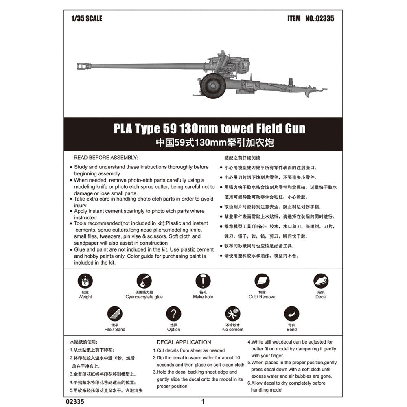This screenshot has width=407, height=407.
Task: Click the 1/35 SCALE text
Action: [87, 18]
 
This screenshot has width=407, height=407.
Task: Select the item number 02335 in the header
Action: [319, 18]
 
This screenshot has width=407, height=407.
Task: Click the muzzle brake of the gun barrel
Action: [84, 66]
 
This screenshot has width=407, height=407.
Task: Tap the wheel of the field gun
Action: [213, 86]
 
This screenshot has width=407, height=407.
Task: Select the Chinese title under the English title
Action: [214, 142]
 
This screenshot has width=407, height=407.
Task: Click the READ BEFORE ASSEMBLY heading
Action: [106, 158]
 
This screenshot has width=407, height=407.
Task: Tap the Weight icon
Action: [85, 281]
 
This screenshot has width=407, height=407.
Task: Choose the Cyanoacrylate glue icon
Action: [144, 281]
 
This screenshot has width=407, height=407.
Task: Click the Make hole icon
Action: [203, 281]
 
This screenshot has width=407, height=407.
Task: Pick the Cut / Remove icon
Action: [262, 281]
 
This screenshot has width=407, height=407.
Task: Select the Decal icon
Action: [321, 281]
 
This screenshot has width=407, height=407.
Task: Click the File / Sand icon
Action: [115, 313]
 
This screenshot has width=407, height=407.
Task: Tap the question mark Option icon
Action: [174, 313]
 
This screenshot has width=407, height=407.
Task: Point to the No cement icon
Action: [232, 313]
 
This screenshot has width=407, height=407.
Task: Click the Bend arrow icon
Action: [291, 313]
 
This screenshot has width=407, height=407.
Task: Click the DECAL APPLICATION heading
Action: [184, 342]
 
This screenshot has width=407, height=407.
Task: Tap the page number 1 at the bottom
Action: [203, 402]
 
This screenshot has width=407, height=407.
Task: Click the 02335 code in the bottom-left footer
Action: [75, 402]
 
